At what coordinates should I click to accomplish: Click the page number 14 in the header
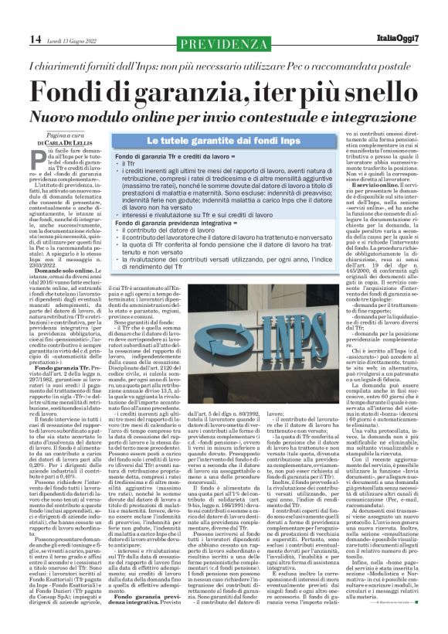click(x=15, y=39)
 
